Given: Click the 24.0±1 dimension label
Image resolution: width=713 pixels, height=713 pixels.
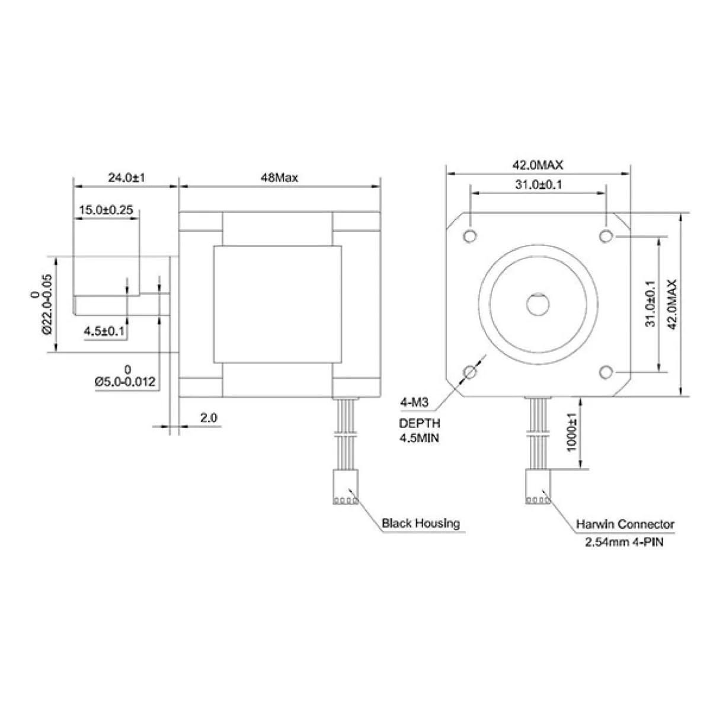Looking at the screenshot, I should (126, 177).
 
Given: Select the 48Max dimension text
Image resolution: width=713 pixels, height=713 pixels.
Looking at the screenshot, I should (279, 177).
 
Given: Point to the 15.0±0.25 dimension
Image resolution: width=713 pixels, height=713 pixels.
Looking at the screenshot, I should (106, 209).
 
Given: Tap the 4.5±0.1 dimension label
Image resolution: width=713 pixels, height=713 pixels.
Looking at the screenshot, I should (104, 331).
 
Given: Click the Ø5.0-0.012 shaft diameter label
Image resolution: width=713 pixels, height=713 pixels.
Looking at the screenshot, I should (125, 382).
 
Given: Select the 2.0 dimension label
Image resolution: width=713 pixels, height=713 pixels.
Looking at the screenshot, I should (208, 418).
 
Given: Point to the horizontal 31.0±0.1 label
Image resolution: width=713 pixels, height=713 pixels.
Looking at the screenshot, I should (538, 184).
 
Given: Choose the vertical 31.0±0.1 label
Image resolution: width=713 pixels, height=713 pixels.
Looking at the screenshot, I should (650, 304).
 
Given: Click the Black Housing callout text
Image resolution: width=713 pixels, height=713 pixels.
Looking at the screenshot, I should (420, 523).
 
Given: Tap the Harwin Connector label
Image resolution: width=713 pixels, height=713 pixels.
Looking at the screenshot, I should (625, 524).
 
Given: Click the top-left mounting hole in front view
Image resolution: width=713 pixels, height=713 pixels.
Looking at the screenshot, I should (471, 235).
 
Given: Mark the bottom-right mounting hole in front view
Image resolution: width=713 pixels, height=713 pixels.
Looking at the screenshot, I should (606, 372).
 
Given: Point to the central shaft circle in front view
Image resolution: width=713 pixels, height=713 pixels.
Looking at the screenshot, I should (538, 304).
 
